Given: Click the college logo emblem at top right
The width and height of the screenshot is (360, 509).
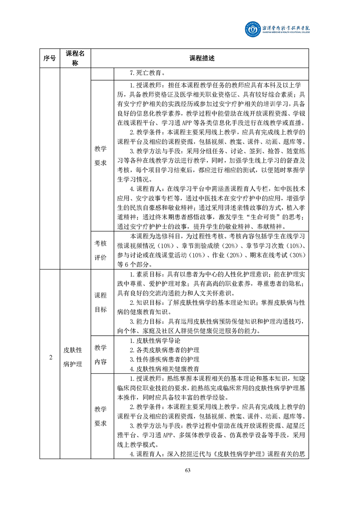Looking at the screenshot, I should [253, 30].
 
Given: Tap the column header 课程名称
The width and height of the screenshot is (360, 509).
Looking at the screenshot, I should [75, 58].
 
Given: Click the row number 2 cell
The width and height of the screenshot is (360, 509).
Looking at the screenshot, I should [50, 357].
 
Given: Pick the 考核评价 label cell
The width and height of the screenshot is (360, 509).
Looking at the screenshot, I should [100, 250].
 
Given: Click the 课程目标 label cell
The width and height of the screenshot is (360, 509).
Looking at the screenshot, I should [100, 302].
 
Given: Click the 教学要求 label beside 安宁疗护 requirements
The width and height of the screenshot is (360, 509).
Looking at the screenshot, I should [100, 156].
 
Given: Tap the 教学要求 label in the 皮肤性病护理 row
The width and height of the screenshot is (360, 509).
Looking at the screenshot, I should [100, 416].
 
